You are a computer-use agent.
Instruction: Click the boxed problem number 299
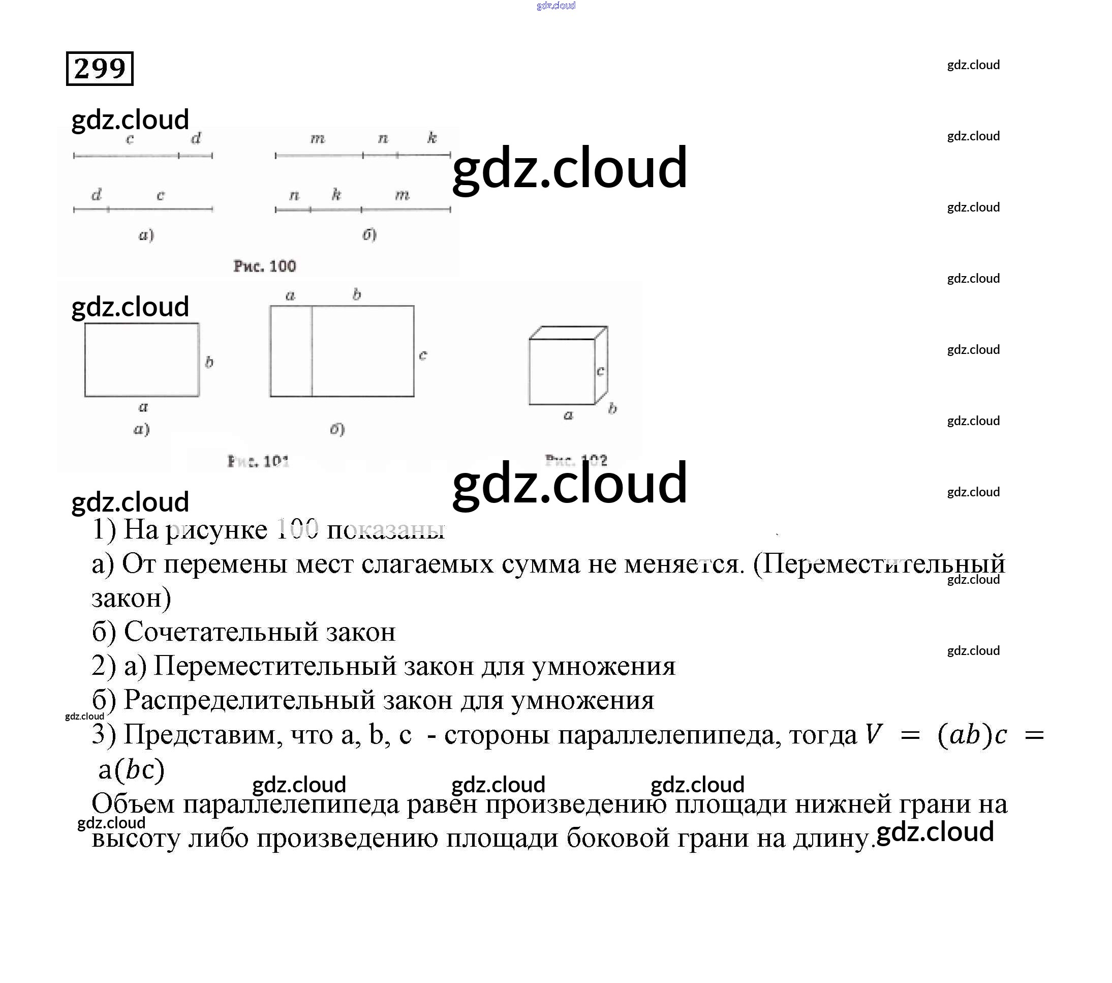coord(100,69)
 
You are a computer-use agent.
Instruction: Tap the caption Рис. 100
coord(264,266)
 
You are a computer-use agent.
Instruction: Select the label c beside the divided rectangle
coord(423,355)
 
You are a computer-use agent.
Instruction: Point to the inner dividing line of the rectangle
coord(312,351)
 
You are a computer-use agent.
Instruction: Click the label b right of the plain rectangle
coord(209,362)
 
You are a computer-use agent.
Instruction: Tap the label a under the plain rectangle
coord(143,407)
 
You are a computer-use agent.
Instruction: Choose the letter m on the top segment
coord(318,139)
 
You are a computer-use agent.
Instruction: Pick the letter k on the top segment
coord(432,138)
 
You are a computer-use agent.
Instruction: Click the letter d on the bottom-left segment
coord(96,195)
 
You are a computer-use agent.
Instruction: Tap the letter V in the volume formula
coord(874,734)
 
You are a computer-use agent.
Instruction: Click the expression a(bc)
coord(131,769)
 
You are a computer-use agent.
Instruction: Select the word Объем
coord(133,804)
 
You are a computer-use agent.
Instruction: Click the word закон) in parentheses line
coord(131,598)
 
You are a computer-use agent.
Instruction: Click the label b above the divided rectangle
coord(356,294)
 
